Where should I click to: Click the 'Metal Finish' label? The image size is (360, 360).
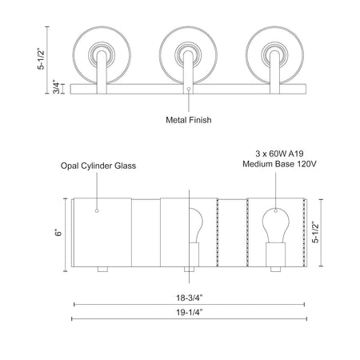tap(189, 120)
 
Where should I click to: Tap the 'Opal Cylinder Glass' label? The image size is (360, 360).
tap(98, 166)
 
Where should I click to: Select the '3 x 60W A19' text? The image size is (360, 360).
tap(279, 154)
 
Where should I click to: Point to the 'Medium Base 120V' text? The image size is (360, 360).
tap(279, 164)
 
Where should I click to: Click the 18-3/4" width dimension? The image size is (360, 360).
tap(190, 298)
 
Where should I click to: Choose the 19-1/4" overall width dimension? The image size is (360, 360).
tap(190, 312)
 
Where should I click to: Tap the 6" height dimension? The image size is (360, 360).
tap(58, 233)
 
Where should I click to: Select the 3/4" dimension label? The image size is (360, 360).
tap(57, 87)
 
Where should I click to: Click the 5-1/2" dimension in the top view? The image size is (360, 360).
tap(41, 59)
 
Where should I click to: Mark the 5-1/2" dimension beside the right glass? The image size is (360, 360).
tap(315, 233)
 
